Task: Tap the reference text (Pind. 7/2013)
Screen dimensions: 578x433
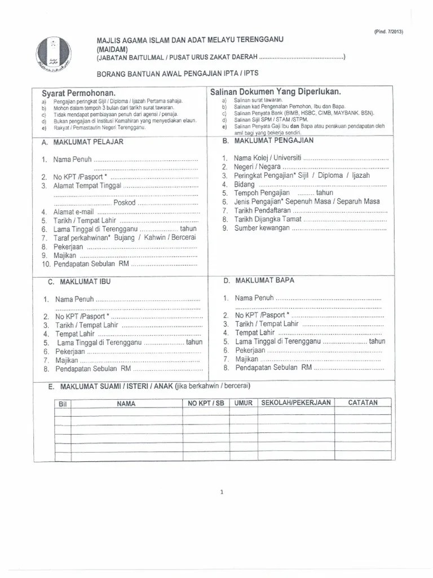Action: (388, 32)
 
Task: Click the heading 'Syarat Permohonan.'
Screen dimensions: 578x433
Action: (78, 93)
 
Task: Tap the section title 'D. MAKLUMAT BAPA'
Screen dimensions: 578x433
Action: (258, 280)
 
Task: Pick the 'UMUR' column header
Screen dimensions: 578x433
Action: (244, 403)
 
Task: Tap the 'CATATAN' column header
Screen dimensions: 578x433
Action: (363, 402)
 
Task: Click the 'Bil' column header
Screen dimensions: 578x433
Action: (63, 404)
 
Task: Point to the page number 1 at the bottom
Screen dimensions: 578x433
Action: (222, 492)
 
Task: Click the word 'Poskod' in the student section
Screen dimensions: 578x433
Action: (125, 203)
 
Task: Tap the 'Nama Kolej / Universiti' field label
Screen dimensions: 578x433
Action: (268, 157)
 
